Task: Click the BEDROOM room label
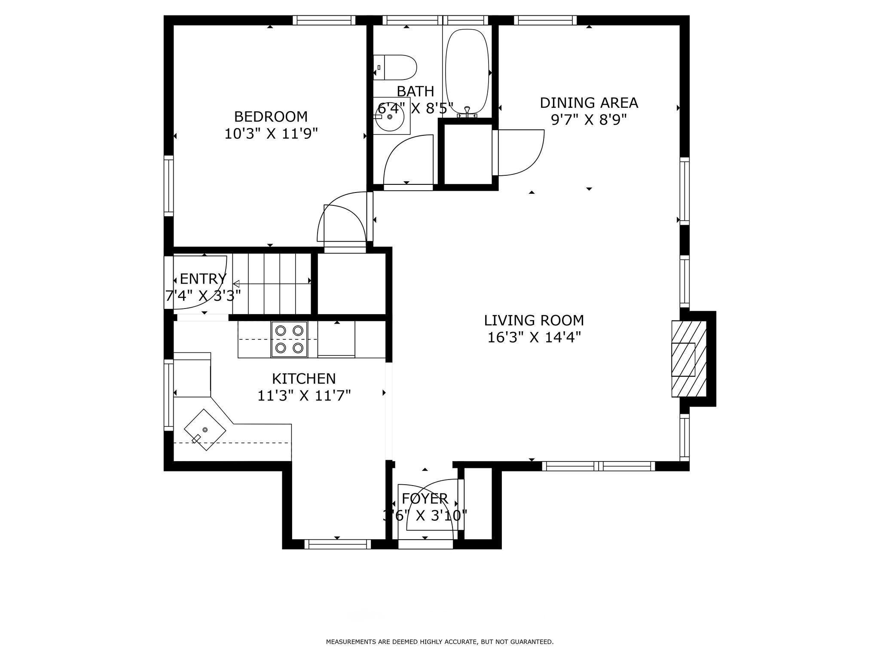point(271,116)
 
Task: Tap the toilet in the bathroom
point(395,67)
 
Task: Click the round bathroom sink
point(389,116)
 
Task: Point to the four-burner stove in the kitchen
point(289,339)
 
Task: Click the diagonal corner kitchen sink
point(205,430)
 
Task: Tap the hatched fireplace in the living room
point(689,359)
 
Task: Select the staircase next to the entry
point(272,284)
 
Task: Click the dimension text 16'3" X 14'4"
point(534,338)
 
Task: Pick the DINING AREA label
point(589,103)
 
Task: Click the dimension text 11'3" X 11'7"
point(304,395)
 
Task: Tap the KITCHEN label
point(304,379)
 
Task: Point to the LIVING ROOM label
point(534,321)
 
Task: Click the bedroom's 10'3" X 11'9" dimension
point(271,134)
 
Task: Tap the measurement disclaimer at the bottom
point(440,642)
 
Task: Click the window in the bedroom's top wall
point(324,20)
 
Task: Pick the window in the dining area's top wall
point(545,20)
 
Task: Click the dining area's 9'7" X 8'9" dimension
point(589,119)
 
